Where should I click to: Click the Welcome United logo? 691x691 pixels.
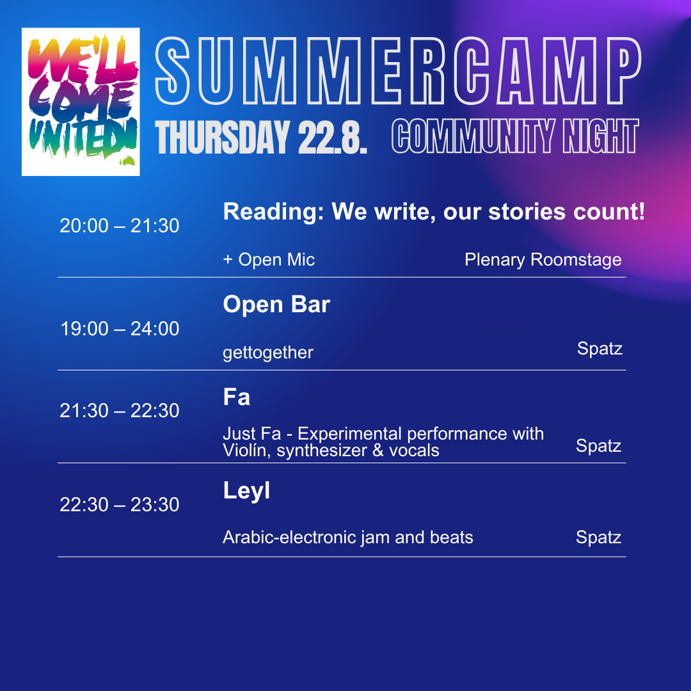pos(81,102)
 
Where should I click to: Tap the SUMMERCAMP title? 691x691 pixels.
pos(398,71)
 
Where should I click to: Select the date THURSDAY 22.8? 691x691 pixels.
pos(261,138)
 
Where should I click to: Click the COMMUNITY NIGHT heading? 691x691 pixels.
pos(515,136)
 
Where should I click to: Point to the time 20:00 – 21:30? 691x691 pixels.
pos(120,226)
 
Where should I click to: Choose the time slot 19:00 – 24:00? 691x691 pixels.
pos(120,329)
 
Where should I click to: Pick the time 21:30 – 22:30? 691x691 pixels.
pos(120,411)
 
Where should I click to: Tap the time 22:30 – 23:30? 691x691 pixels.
pos(120,505)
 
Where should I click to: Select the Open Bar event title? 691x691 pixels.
pos(276,304)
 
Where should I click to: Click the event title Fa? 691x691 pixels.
pos(237,397)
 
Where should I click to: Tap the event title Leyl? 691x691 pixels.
pos(246,491)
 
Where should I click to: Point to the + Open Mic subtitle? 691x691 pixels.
pos(269,260)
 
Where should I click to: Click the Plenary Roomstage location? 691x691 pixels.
pos(543,260)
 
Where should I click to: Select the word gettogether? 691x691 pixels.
pos(268,353)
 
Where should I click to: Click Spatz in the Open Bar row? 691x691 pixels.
pos(600,349)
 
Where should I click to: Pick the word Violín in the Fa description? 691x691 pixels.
pos(246,451)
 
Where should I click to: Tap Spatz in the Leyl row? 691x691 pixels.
pos(598,537)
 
